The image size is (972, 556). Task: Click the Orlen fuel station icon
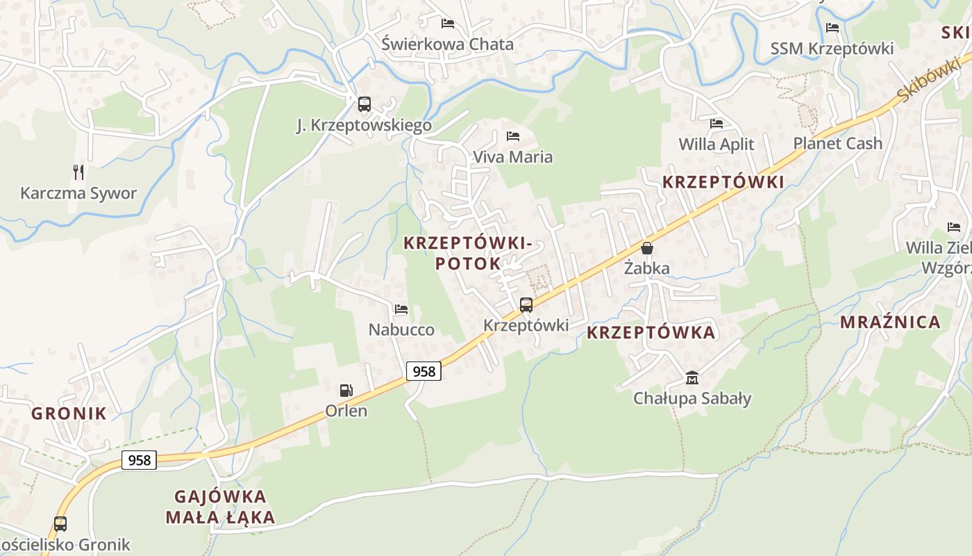(x=346, y=391)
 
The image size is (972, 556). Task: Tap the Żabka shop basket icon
(x=647, y=248)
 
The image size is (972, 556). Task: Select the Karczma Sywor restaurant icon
(x=78, y=172)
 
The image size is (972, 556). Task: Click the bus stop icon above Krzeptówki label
(x=526, y=304)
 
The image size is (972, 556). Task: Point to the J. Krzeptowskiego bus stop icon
(x=364, y=104)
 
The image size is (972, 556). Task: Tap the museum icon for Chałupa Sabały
(x=692, y=377)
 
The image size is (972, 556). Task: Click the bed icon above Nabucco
(x=401, y=309)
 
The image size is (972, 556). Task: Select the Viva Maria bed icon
(x=513, y=136)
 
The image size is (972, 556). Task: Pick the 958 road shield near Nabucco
(x=424, y=371)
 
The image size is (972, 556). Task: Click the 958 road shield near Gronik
(x=139, y=459)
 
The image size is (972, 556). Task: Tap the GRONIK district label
(x=69, y=414)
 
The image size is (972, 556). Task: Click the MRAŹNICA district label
(x=890, y=322)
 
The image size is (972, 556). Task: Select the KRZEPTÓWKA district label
(x=651, y=332)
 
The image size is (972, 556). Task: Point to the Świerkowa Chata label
(x=448, y=44)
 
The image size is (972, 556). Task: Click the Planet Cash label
(x=837, y=144)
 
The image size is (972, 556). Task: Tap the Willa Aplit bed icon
(x=717, y=124)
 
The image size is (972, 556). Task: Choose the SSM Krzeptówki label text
(x=832, y=49)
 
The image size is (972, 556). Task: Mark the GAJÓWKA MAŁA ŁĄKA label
(x=220, y=507)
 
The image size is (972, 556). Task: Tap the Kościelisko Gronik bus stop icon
(x=60, y=523)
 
